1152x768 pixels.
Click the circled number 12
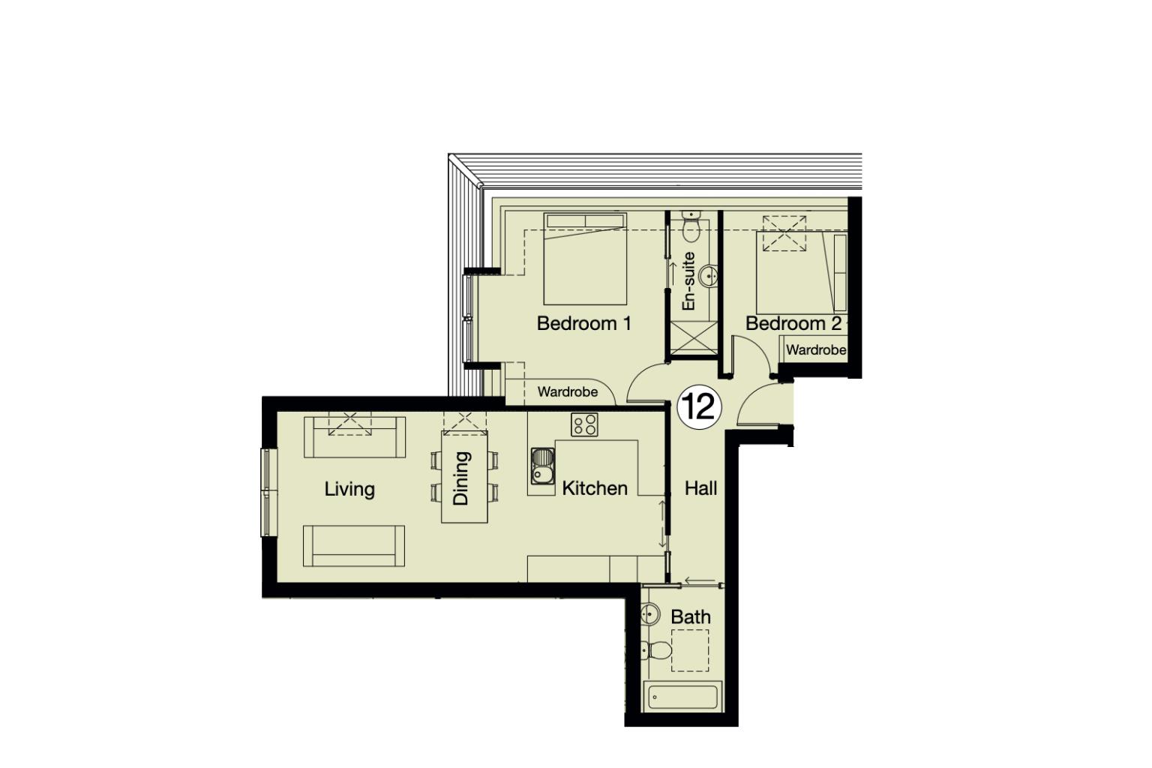[699, 407]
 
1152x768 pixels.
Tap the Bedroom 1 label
[583, 323]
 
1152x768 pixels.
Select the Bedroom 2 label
[793, 323]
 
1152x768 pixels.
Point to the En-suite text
[688, 281]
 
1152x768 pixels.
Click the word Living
[349, 489]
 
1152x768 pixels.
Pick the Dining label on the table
[461, 478]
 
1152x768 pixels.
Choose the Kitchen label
[595, 488]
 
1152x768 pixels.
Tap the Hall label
[700, 488]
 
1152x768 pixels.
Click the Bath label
[691, 616]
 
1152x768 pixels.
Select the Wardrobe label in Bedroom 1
[568, 391]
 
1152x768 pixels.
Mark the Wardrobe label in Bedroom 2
[816, 349]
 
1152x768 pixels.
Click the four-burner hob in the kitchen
[584, 424]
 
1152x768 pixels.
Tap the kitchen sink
[542, 466]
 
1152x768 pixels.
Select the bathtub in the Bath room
[682, 697]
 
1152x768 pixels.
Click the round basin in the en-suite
[708, 277]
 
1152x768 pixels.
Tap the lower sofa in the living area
[354, 546]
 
